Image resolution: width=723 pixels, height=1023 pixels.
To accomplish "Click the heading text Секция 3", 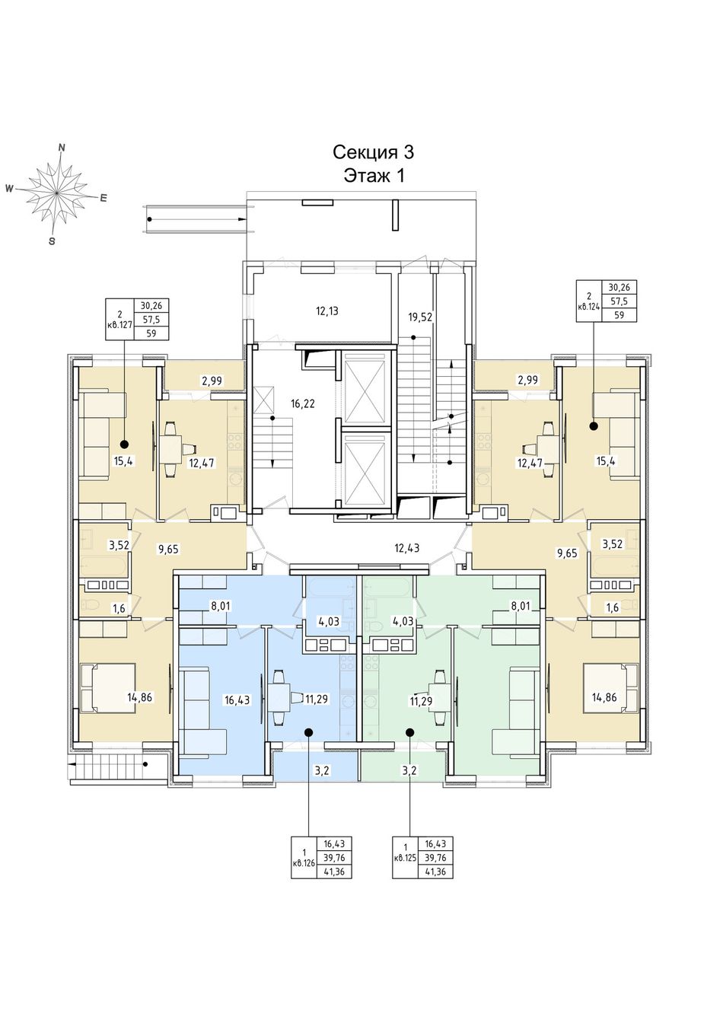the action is [x=373, y=152].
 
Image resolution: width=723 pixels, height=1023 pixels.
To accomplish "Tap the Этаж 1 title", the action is [x=374, y=175].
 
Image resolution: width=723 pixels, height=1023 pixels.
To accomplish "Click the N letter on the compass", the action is [x=62, y=147].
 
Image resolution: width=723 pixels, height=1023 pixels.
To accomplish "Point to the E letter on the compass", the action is [x=104, y=198].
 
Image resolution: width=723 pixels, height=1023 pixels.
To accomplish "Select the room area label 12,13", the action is [x=327, y=311].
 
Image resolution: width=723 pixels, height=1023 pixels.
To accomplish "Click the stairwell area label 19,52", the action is [x=420, y=317].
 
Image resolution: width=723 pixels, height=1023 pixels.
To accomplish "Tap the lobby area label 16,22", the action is [x=303, y=403].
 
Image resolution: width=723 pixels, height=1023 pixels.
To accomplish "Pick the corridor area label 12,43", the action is [x=407, y=547].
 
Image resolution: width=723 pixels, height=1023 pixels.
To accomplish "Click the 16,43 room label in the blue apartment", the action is [x=237, y=700].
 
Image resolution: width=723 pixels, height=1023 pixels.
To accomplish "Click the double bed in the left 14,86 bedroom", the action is [x=108, y=688].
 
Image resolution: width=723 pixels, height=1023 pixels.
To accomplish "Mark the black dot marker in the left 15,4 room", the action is [x=124, y=444].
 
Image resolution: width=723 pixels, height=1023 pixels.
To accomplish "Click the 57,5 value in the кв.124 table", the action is [x=619, y=301].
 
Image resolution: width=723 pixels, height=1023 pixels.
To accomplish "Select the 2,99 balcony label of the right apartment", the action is [x=528, y=380].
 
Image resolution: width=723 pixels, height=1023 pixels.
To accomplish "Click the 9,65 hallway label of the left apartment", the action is [x=167, y=550].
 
